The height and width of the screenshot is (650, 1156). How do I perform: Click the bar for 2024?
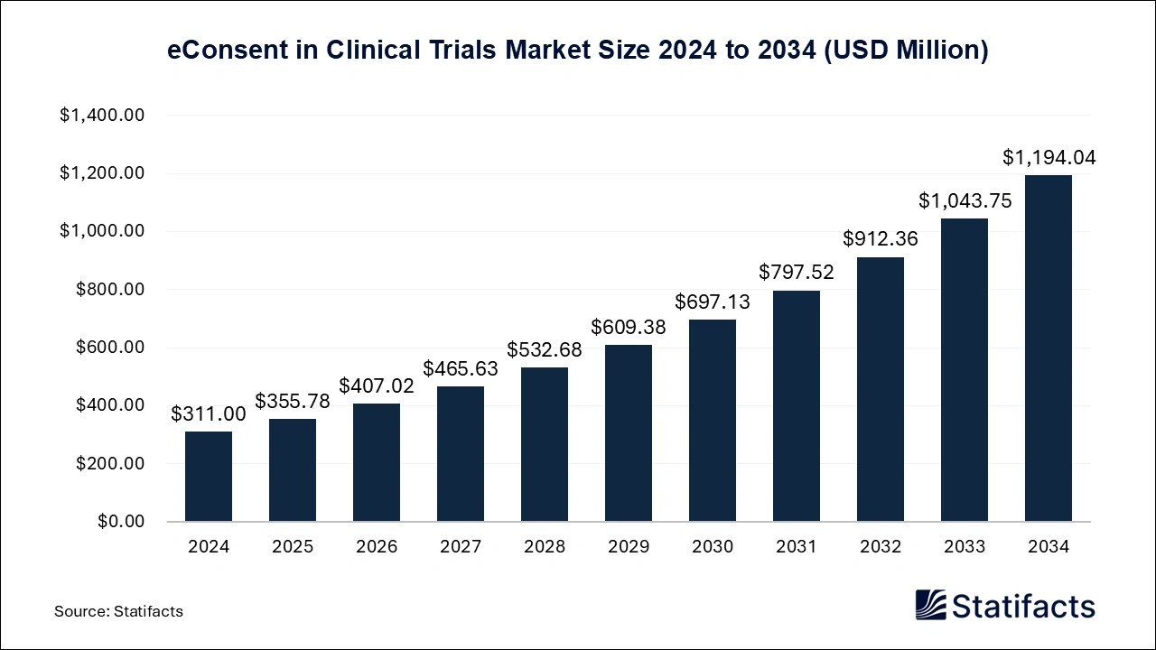[209, 476]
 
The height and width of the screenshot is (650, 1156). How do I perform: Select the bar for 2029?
[629, 432]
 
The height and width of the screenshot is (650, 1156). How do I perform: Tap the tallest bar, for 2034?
[1049, 348]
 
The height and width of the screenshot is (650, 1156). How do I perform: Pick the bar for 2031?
[797, 405]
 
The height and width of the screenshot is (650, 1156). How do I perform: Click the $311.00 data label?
[209, 414]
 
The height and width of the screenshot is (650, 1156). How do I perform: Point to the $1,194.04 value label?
[1049, 158]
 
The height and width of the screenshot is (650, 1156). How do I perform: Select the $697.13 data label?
[713, 302]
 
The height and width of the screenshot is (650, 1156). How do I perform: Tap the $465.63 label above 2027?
[461, 369]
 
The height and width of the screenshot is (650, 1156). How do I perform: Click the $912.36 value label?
[881, 239]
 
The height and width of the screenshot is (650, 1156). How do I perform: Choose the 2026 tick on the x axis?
[377, 547]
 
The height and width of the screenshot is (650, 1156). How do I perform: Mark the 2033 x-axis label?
[965, 547]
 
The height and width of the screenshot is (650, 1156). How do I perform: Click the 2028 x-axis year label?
[545, 547]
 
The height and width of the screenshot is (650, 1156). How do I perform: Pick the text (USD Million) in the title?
[905, 51]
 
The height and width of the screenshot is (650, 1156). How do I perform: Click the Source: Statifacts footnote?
[118, 611]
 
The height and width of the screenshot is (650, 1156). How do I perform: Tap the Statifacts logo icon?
[930, 605]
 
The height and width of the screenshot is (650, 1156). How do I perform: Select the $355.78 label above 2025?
[293, 401]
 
